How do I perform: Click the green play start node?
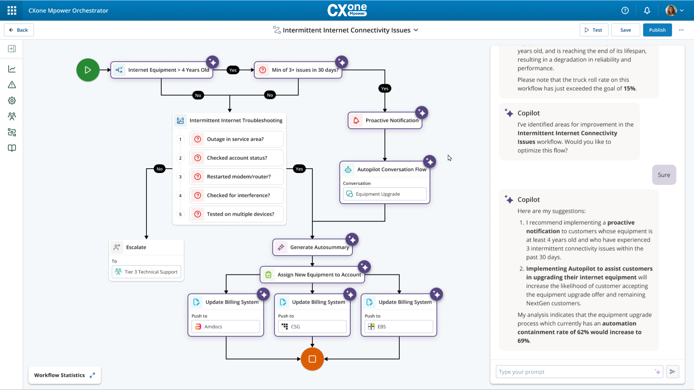[88, 70]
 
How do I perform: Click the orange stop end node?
[312, 359]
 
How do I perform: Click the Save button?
[625, 30]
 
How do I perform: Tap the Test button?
[594, 30]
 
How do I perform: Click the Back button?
[19, 30]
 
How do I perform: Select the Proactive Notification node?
[385, 121]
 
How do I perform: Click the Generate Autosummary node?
[313, 247]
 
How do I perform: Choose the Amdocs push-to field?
[226, 326]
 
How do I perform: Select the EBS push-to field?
[399, 326]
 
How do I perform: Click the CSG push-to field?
[312, 326]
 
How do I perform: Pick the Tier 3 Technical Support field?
[146, 272]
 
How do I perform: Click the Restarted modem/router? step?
[236, 177]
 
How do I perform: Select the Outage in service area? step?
[236, 139]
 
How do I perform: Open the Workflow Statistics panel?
[64, 375]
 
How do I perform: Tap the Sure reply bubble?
[664, 175]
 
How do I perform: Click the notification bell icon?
[647, 10]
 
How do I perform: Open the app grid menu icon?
[12, 10]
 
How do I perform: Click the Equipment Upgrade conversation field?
[385, 194]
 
